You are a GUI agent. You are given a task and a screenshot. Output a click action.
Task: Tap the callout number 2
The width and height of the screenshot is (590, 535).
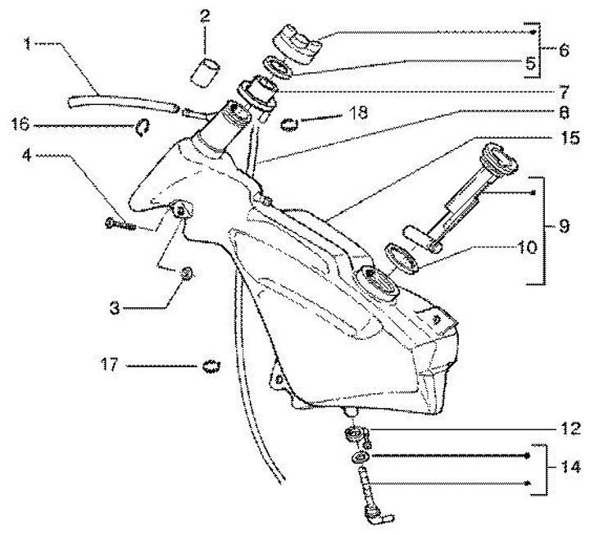click(x=204, y=14)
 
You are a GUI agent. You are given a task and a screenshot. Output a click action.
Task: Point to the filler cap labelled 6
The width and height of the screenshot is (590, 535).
click(x=300, y=42)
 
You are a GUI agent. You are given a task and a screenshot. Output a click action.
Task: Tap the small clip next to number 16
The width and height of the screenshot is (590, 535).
click(x=143, y=125)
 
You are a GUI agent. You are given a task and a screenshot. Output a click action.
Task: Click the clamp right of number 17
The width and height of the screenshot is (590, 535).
click(x=211, y=365)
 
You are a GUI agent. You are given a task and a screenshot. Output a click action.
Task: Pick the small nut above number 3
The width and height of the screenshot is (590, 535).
click(x=187, y=274)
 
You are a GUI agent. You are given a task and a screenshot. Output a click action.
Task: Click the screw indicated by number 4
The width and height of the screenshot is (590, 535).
click(x=120, y=222)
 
